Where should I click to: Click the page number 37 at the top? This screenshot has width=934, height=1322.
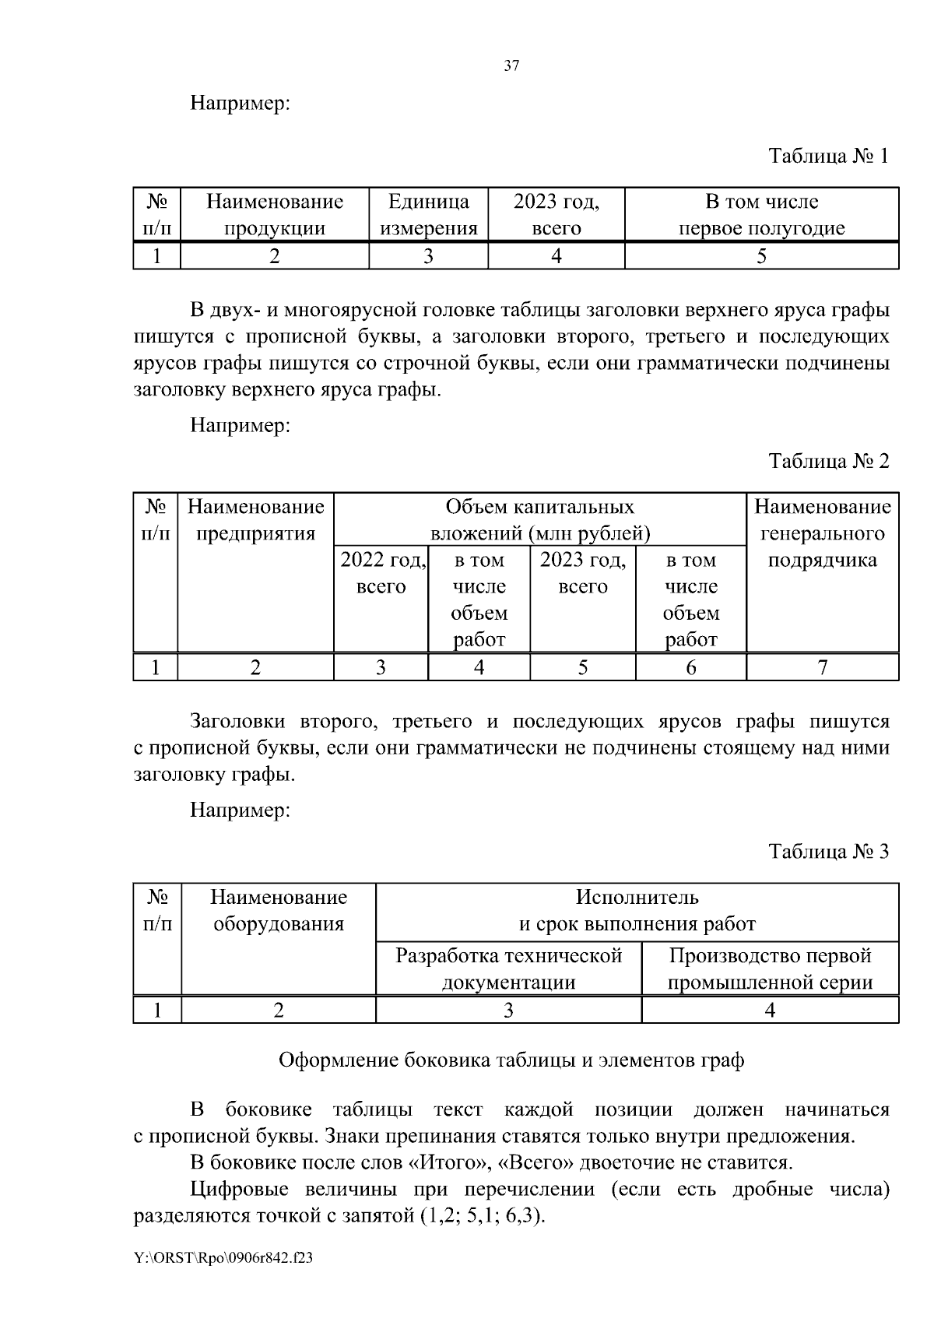tap(511, 66)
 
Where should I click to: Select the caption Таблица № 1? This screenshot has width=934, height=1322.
tap(828, 156)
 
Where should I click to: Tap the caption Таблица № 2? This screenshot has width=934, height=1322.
tap(828, 461)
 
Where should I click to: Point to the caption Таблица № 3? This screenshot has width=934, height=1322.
tap(828, 851)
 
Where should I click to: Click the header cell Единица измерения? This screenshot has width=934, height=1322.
tap(428, 215)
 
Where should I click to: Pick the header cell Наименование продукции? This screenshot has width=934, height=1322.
tap(274, 215)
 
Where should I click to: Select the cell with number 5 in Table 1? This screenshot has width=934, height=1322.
tap(761, 256)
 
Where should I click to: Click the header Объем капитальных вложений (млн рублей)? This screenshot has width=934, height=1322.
tap(540, 520)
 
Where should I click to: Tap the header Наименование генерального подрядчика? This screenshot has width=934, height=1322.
tap(822, 533)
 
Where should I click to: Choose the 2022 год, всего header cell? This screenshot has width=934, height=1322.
tap(381, 573)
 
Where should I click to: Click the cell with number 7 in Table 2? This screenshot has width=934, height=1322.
tap(822, 667)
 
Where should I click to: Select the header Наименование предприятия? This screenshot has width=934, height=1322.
tap(255, 520)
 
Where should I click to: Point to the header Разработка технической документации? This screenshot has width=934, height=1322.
tap(508, 969)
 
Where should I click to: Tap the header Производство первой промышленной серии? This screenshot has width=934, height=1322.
tap(770, 969)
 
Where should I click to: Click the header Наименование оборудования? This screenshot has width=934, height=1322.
tap(278, 910)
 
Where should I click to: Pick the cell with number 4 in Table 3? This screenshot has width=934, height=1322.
tap(770, 1011)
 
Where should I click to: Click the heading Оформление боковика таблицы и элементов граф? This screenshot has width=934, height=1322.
tap(511, 1060)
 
